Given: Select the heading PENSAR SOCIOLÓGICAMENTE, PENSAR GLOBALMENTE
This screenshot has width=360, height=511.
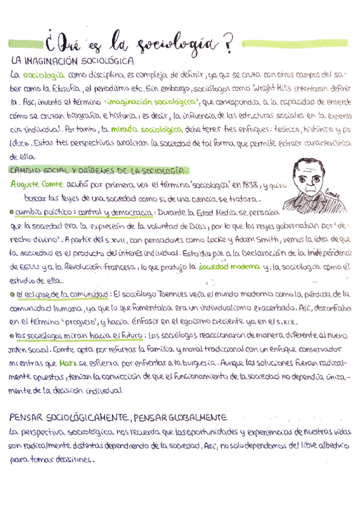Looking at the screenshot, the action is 118,418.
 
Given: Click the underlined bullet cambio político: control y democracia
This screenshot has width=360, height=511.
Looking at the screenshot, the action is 84,212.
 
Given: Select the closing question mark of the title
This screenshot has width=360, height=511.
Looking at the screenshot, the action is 227,43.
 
